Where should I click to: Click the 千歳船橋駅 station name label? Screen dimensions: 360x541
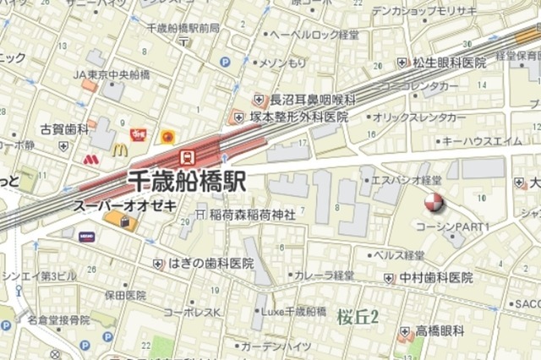pyautogui.click(x=187, y=180)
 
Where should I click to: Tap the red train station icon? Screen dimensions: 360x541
pyautogui.click(x=188, y=156)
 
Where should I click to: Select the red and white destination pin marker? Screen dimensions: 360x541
pyautogui.click(x=433, y=202)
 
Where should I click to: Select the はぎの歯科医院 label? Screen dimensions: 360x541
pyautogui.click(x=210, y=264)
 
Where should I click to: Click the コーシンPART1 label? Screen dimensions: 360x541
pyautogui.click(x=453, y=227)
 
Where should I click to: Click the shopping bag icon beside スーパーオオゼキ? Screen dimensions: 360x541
pyautogui.click(x=124, y=221)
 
